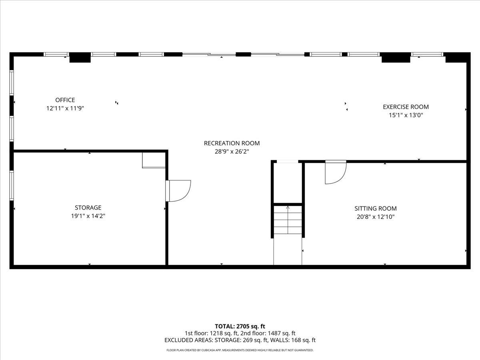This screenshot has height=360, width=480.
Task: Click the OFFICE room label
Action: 65,100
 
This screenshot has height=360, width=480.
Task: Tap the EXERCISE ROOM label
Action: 406,107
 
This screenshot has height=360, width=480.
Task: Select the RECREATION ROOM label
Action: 232,143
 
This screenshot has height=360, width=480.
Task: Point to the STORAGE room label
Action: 88,208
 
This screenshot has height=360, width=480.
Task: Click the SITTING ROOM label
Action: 375,208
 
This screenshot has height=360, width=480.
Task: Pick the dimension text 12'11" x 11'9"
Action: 65,108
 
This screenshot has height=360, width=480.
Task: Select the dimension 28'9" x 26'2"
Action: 232,152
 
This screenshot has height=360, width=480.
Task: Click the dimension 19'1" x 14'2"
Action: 88,216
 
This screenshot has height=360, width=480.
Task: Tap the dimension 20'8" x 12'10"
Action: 375,217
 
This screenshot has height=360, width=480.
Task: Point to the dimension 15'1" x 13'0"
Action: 406,115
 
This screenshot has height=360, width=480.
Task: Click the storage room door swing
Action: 179,190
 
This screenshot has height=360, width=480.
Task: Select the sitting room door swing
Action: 335,172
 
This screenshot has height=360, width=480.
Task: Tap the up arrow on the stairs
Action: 288,208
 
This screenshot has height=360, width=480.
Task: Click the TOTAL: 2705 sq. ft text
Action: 240,326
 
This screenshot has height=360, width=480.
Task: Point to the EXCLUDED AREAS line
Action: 240,340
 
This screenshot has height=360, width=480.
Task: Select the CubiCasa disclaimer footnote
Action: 240,350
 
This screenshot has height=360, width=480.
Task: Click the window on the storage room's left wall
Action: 12,185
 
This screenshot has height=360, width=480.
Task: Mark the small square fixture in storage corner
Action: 154,159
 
